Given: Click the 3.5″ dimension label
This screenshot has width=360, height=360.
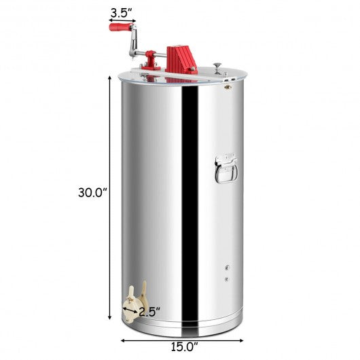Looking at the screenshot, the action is tap(122, 14).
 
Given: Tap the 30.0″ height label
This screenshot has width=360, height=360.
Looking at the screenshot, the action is tap(93, 192).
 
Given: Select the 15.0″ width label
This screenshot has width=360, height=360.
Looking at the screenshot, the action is tap(184, 346).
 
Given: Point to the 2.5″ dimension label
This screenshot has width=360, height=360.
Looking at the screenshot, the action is tap(149, 312).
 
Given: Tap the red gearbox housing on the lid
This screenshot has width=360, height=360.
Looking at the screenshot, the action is tap(181, 60).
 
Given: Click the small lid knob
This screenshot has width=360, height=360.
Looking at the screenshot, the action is tap(217, 68).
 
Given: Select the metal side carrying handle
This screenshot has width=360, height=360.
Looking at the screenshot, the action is tap(226, 169).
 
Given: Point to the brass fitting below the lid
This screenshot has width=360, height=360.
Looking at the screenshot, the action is tap(228, 87).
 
